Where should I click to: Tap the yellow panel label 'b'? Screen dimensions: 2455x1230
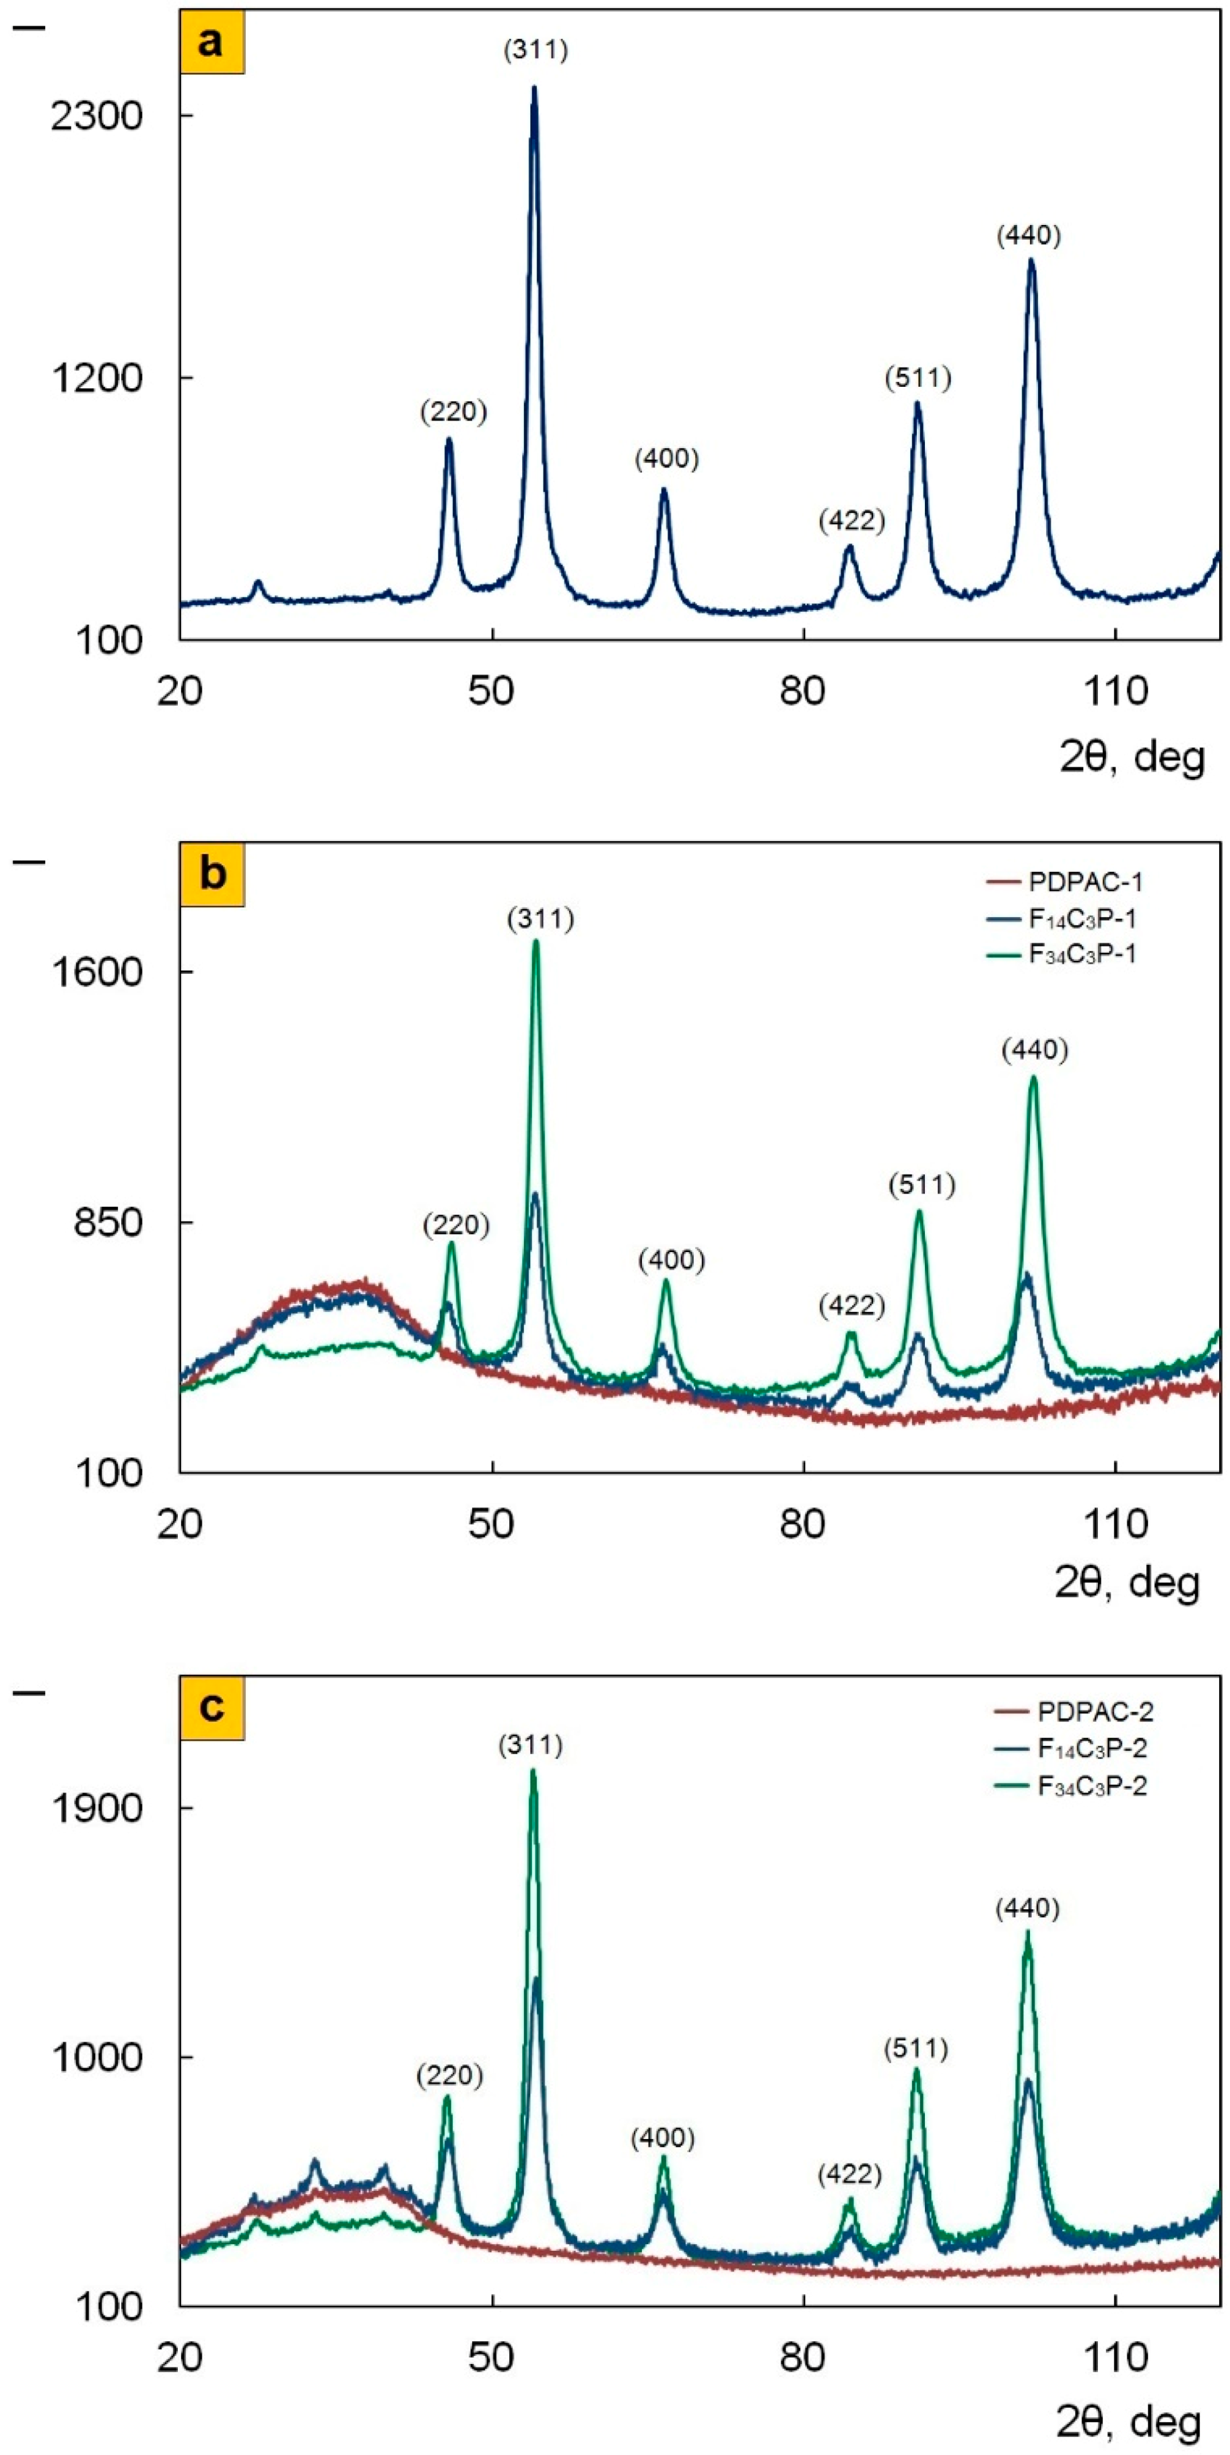[212, 874]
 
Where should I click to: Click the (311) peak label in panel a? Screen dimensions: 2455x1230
[536, 51]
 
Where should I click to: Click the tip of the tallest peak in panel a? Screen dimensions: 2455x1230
[533, 88]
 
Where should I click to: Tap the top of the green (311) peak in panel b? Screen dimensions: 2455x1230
[536, 941]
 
